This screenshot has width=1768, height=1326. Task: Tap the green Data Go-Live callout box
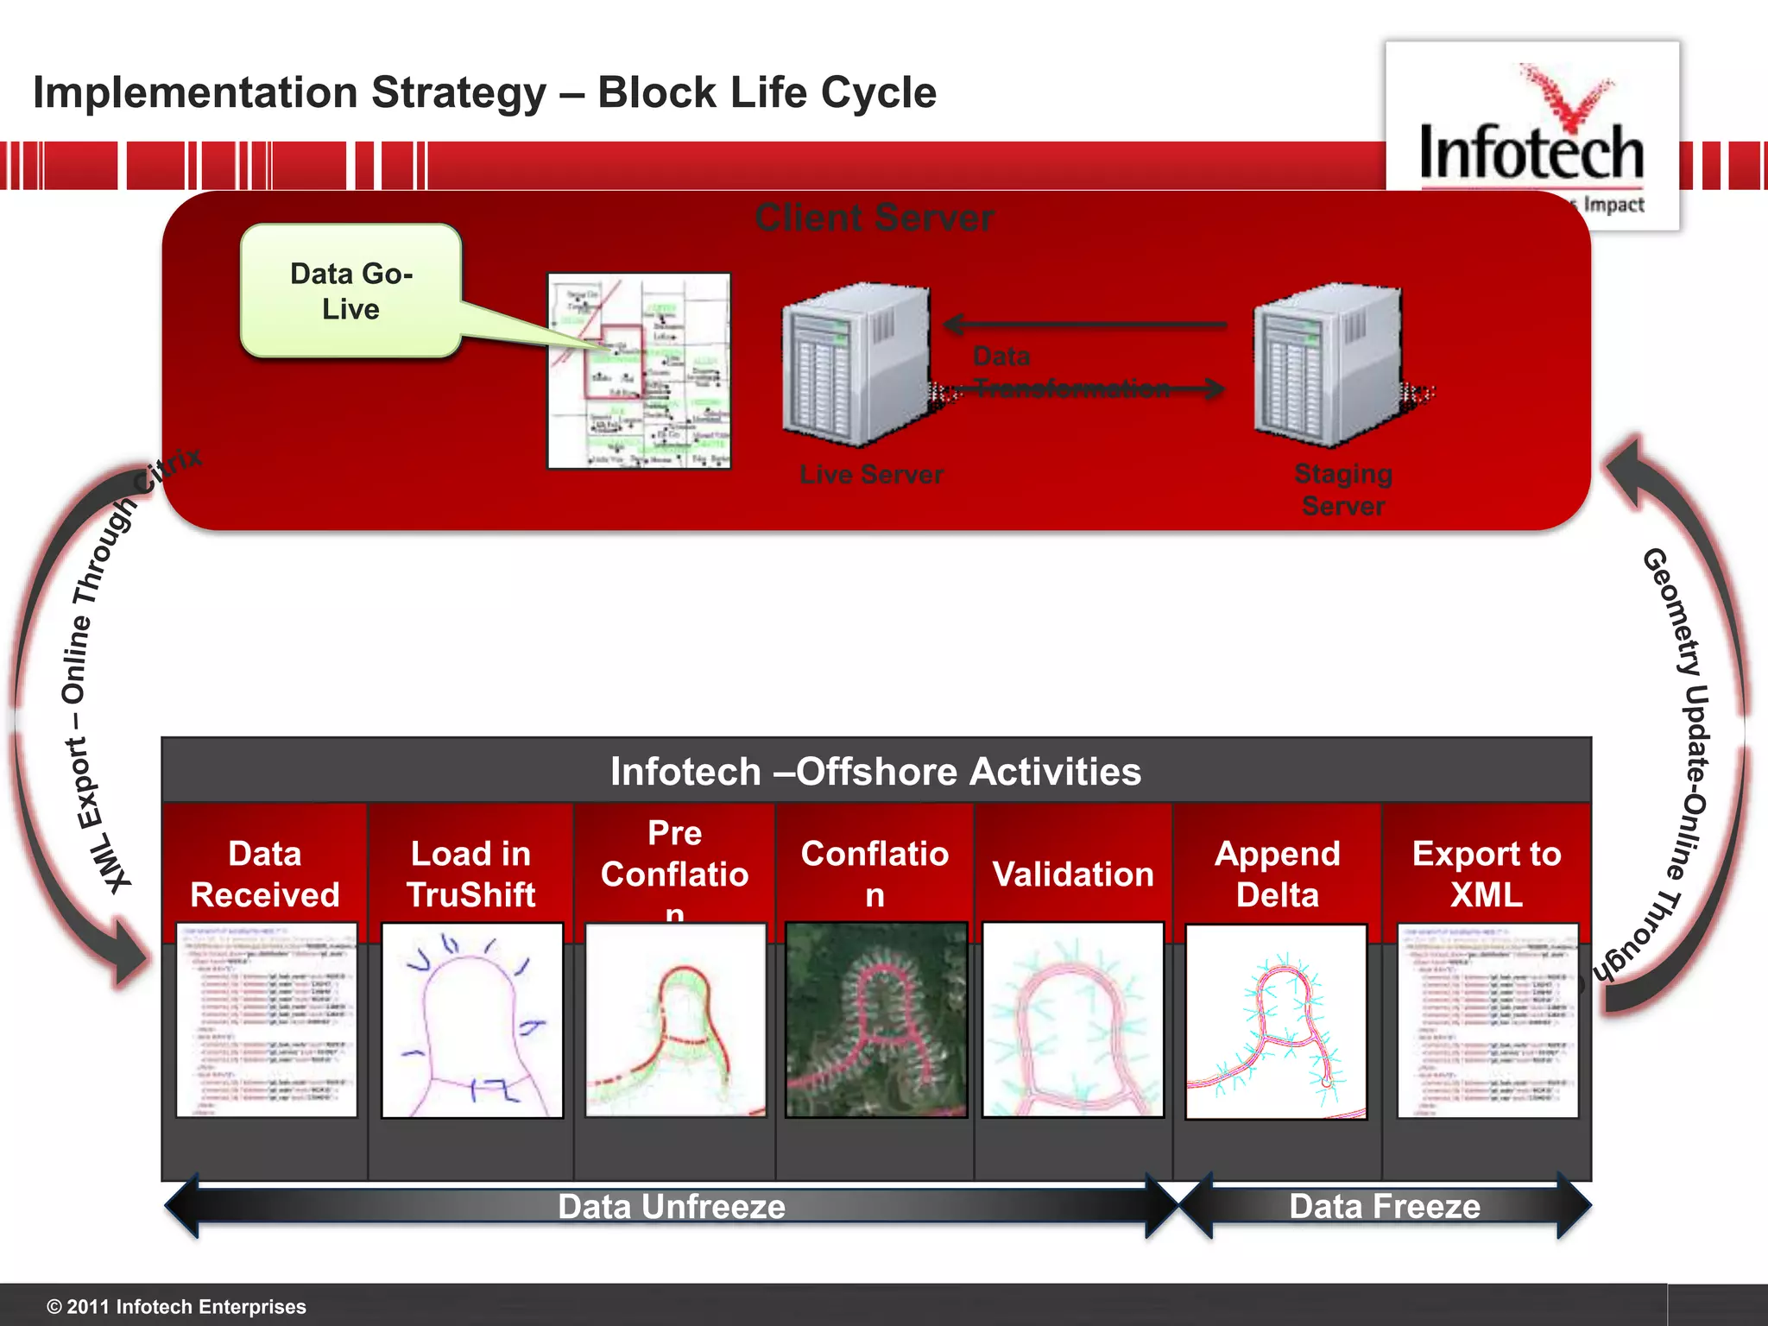click(350, 291)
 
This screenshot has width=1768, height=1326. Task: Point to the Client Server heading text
click(874, 218)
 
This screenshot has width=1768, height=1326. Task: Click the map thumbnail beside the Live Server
click(639, 371)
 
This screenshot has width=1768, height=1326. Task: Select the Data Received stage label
click(265, 874)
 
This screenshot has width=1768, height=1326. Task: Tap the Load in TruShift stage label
click(470, 874)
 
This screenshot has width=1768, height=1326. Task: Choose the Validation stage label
click(1073, 875)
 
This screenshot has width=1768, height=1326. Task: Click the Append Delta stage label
click(1277, 874)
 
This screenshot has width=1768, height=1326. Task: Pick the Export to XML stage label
click(1487, 874)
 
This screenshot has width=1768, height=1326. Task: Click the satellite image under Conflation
click(875, 1020)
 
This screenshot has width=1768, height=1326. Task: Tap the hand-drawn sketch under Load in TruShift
click(471, 1020)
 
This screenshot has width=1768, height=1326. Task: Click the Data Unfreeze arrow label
click(672, 1206)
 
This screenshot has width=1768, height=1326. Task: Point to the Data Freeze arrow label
click(1385, 1206)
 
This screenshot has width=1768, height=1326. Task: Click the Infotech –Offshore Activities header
click(875, 771)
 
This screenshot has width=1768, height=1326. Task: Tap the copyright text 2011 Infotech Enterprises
click(177, 1306)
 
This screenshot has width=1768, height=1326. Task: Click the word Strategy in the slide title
click(458, 93)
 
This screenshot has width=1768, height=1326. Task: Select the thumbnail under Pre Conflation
click(675, 1020)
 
